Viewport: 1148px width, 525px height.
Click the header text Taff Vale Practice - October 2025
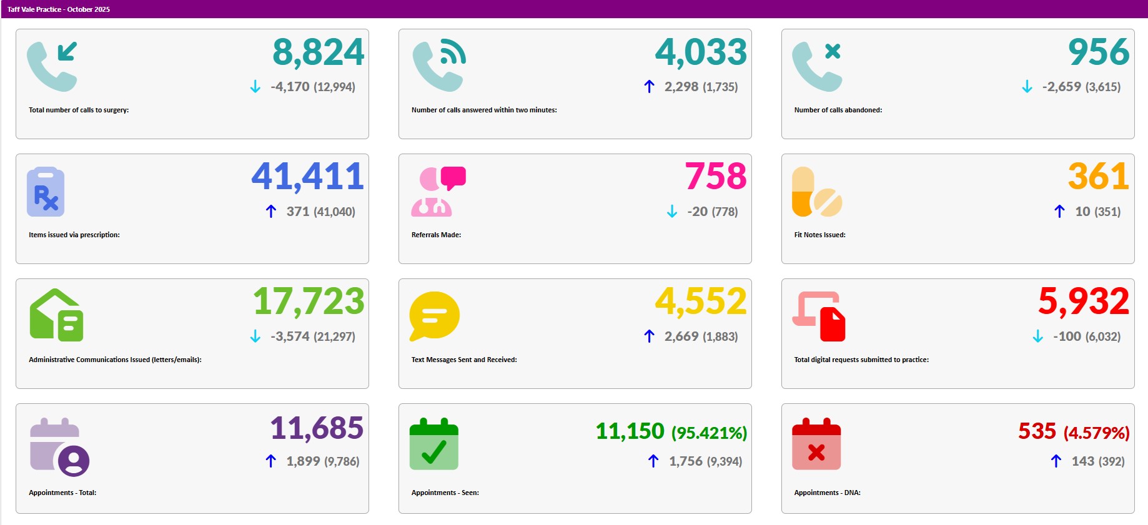[59, 9]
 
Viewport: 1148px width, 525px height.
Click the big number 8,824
[318, 52]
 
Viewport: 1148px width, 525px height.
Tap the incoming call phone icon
[52, 66]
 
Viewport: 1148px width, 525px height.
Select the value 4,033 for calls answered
[700, 52]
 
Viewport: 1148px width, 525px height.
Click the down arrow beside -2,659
[1027, 87]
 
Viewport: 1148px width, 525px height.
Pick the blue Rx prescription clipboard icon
[46, 192]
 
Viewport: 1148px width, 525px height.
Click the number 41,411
[307, 177]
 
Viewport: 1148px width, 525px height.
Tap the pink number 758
[715, 177]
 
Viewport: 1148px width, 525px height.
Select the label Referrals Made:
[436, 235]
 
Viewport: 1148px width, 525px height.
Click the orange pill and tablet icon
[816, 192]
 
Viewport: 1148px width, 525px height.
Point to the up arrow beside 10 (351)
[1059, 212]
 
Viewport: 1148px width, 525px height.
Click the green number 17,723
[309, 302]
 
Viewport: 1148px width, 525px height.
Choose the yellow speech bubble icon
[434, 316]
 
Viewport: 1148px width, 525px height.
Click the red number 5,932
[1083, 302]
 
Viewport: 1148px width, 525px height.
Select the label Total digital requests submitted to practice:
[861, 360]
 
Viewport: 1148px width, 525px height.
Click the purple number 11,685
[316, 429]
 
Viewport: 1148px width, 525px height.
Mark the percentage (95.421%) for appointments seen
[709, 433]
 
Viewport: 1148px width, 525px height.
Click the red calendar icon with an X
[816, 444]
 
